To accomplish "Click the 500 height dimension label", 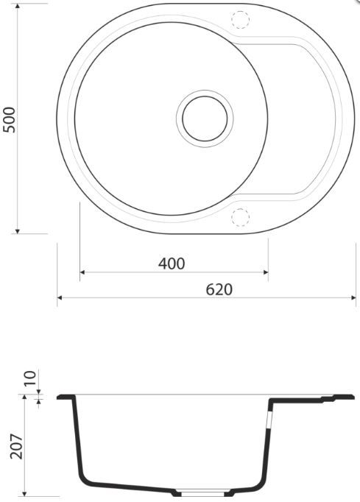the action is click(10, 120).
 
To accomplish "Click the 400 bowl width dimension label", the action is click(172, 264).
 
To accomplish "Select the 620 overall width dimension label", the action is click(219, 289).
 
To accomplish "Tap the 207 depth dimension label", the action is click(16, 446).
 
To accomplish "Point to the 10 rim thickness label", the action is click(29, 378).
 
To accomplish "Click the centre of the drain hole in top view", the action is click(205, 119).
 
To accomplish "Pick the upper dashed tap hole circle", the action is click(240, 20).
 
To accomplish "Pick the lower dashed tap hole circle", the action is click(240, 217).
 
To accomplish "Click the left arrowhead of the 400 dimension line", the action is click(82, 272).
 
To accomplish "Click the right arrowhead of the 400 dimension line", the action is click(266, 272).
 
